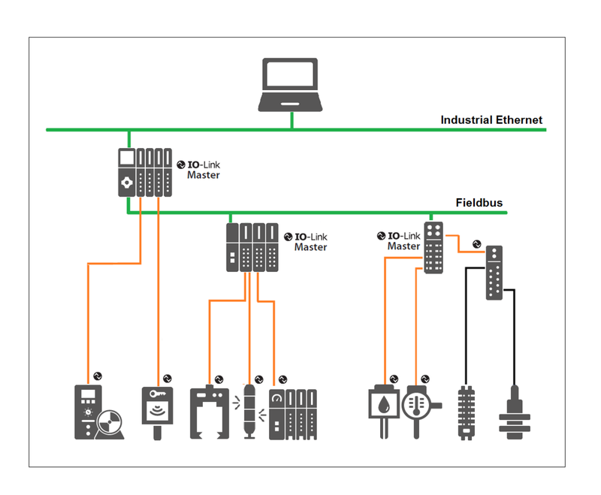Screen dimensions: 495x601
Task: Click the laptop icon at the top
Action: pos(291,85)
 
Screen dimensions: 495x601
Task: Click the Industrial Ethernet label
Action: pos(491,119)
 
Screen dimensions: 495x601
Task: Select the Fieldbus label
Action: pos(479,203)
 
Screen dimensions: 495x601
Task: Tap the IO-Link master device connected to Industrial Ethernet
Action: pos(145,172)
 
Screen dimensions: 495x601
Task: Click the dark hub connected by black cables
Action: pos(494,273)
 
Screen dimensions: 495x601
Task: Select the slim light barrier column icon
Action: pos(249,411)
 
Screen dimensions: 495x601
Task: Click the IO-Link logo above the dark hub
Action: pos(476,243)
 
